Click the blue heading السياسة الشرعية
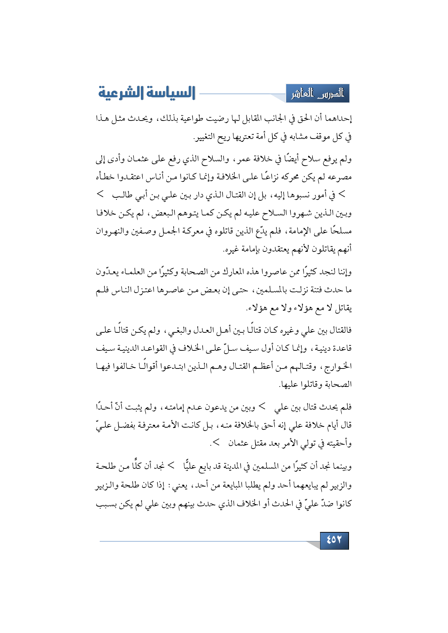[x=147, y=93]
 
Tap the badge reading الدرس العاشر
[x=318, y=94]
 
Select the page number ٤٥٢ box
[x=334, y=540]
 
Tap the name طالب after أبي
[x=122, y=195]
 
